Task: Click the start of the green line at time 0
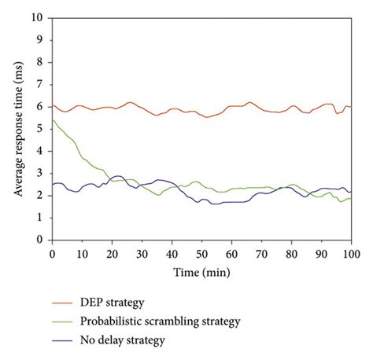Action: pos(52,120)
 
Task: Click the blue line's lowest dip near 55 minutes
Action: pos(215,204)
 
